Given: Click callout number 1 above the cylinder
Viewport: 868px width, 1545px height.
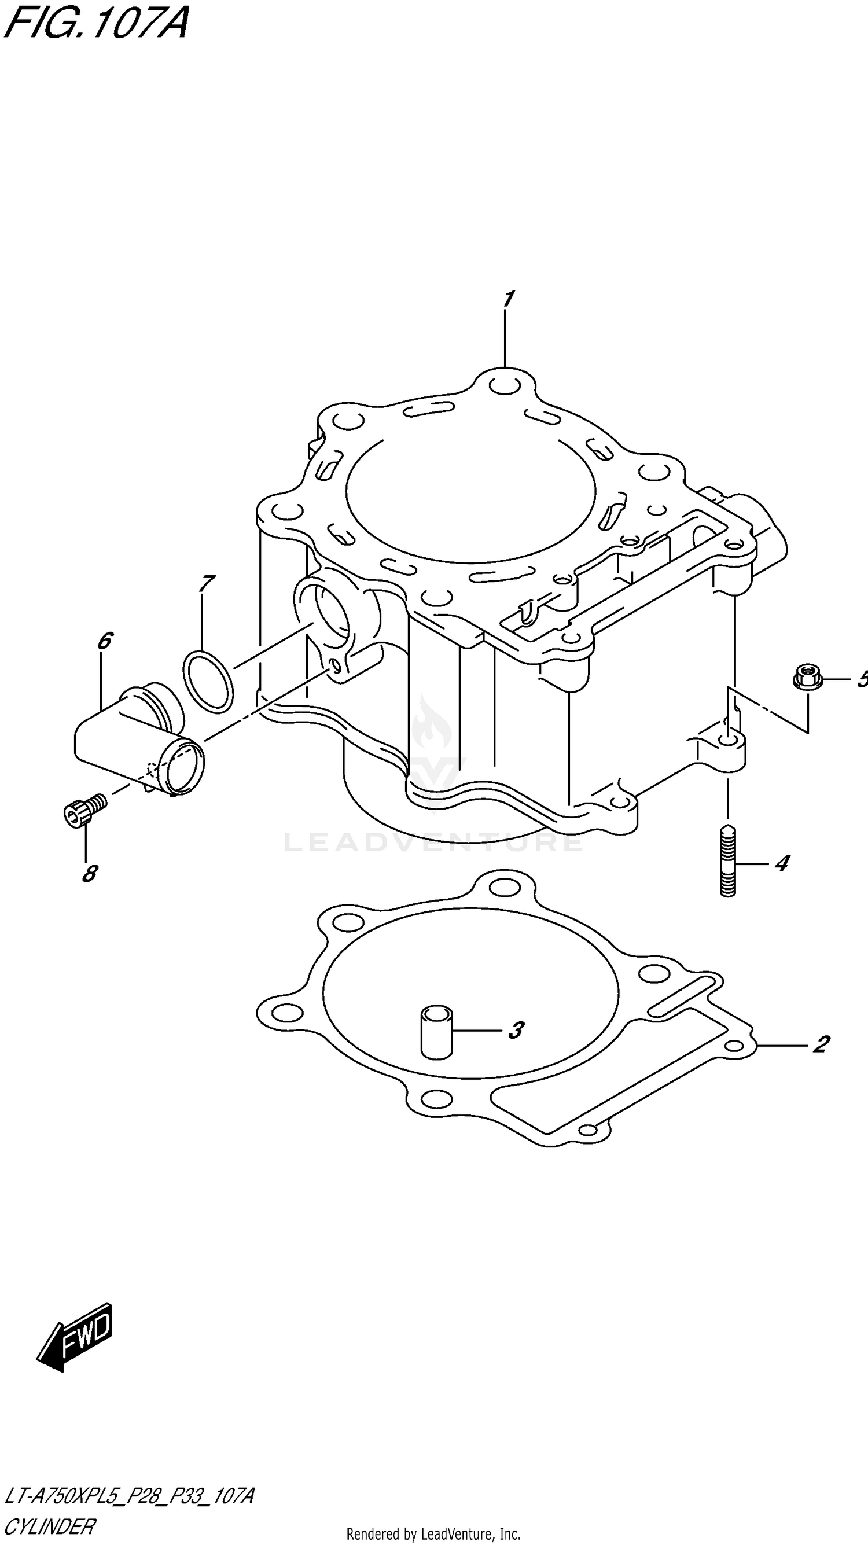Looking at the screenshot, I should pyautogui.click(x=508, y=299).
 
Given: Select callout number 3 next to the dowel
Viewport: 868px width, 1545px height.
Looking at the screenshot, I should pyautogui.click(x=515, y=1030).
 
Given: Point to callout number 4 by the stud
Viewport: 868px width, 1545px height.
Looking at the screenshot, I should pyautogui.click(x=781, y=863).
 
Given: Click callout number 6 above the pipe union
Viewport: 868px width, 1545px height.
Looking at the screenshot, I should pyautogui.click(x=104, y=641).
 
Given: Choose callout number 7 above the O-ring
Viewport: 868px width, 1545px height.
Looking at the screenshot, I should pyautogui.click(x=206, y=582).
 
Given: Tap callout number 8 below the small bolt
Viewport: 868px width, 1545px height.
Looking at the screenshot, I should pyautogui.click(x=89, y=873).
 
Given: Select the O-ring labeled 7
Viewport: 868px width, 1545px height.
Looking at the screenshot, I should pyautogui.click(x=207, y=681).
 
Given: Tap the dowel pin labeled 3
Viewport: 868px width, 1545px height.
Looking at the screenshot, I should pyautogui.click(x=437, y=1031).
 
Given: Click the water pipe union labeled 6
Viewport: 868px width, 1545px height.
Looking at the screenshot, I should pyautogui.click(x=138, y=740).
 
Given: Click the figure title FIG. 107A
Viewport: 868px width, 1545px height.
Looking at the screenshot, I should pyautogui.click(x=96, y=23).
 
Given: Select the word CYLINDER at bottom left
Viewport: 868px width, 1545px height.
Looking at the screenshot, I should pyautogui.click(x=49, y=1526).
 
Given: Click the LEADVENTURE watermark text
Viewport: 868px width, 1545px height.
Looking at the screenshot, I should pyautogui.click(x=433, y=841).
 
